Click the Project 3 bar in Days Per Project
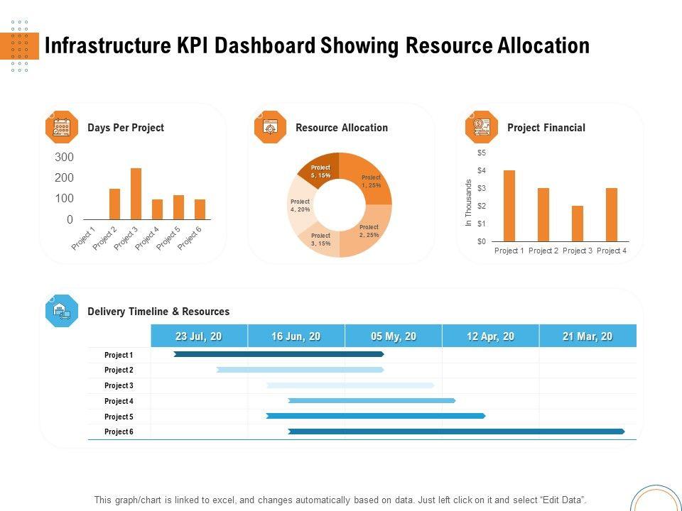tap(136, 194)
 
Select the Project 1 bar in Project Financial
tap(509, 206)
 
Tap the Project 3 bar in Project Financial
tap(577, 224)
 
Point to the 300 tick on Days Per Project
tap(64, 157)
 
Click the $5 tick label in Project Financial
tap(482, 153)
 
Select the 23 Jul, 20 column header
tap(199, 336)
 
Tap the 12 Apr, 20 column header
tap(490, 336)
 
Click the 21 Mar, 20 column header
tap(588, 336)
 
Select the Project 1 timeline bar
tap(278, 354)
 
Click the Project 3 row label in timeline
tap(119, 385)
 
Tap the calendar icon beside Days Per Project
tap(62, 128)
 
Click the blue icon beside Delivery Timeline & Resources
tap(62, 311)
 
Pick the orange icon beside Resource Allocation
tap(270, 128)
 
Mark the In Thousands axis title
tap(469, 203)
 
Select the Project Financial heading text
tap(546, 128)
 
